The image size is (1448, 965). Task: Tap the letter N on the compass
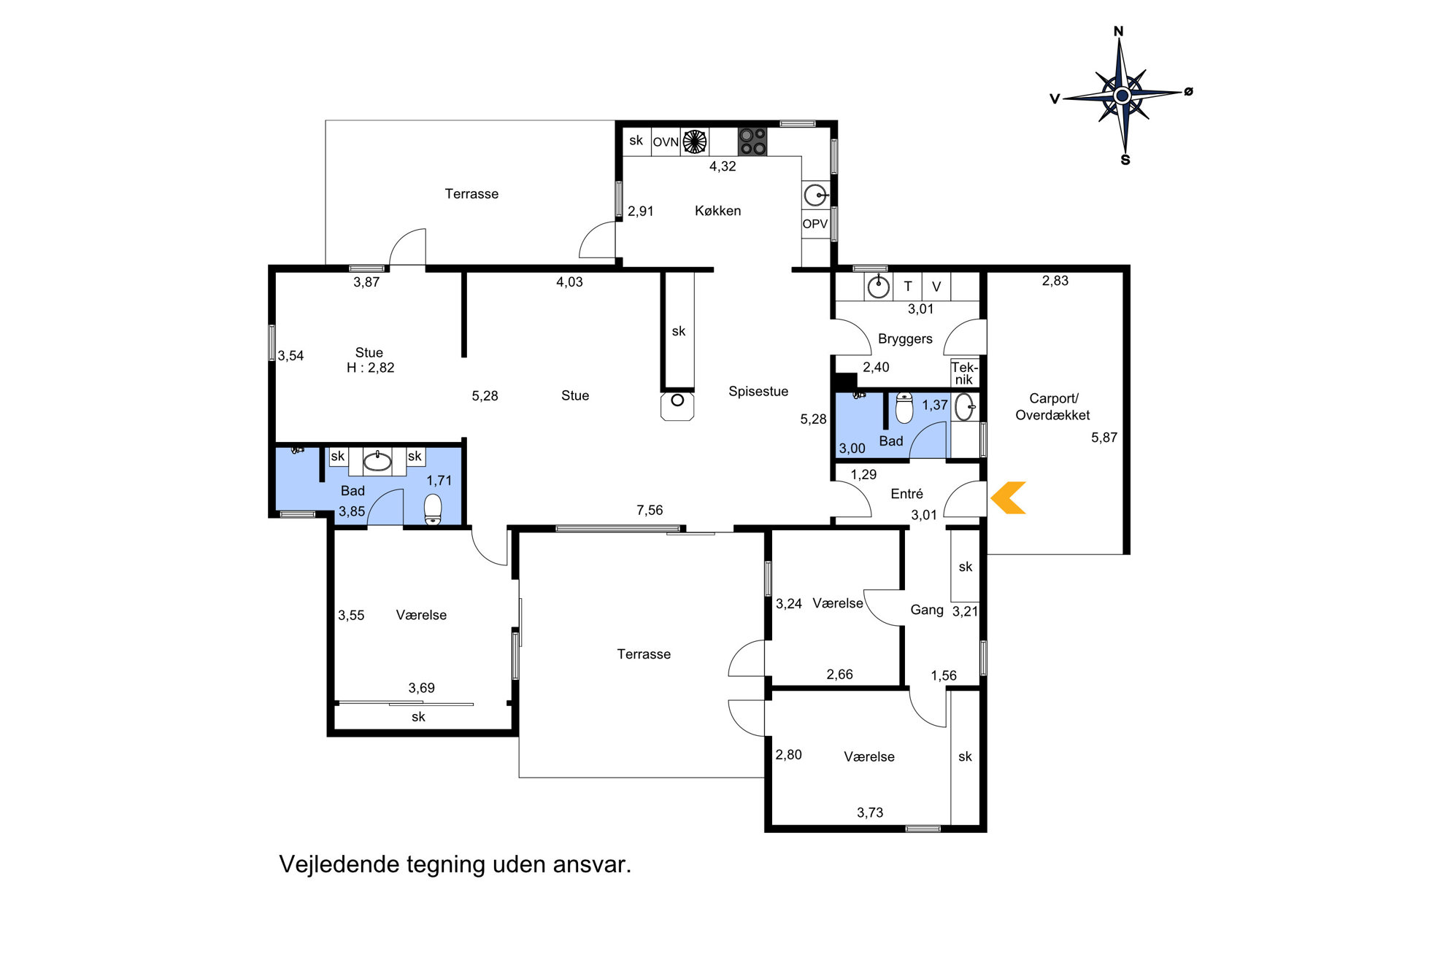click(1118, 31)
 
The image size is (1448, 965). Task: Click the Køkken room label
click(717, 211)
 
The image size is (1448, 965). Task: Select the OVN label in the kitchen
click(666, 142)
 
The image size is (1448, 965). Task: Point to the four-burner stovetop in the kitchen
click(752, 142)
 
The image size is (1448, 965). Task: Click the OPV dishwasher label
click(815, 224)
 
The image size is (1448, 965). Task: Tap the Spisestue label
click(758, 392)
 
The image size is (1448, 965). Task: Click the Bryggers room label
click(905, 339)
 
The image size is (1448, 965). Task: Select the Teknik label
click(964, 373)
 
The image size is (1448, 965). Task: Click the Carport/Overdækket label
click(1052, 407)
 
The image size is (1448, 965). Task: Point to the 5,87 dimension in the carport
click(1104, 438)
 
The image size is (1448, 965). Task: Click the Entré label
click(906, 494)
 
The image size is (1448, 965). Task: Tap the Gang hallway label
click(927, 610)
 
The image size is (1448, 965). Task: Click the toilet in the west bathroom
click(433, 509)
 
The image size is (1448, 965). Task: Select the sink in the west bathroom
click(377, 461)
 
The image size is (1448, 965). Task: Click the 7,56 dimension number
click(650, 511)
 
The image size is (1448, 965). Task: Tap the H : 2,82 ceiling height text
click(370, 368)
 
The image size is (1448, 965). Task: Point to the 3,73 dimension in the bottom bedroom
click(870, 813)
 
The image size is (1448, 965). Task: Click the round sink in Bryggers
click(878, 286)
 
